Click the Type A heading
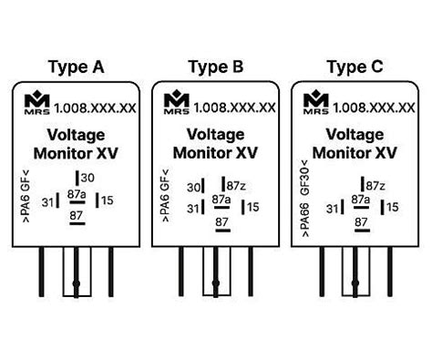(x=76, y=67)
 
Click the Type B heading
(x=216, y=67)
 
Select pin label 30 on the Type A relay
(x=87, y=178)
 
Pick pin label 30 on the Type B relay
(x=193, y=188)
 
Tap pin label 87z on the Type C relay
(x=375, y=186)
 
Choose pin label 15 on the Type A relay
(x=108, y=201)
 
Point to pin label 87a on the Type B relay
(x=221, y=199)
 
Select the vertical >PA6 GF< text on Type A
(x=24, y=194)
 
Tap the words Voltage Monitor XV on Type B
(x=215, y=143)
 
